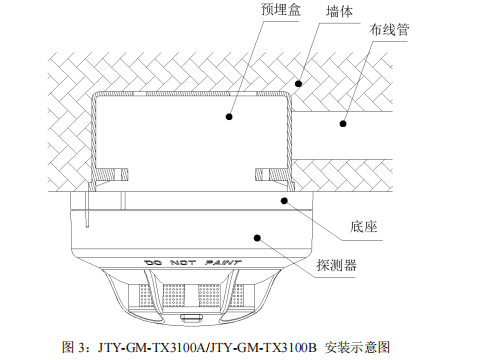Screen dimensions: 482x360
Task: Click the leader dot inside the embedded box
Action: tap(229, 116)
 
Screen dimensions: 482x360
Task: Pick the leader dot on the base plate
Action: tap(285, 200)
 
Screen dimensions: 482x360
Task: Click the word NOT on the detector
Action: tap(183, 263)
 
